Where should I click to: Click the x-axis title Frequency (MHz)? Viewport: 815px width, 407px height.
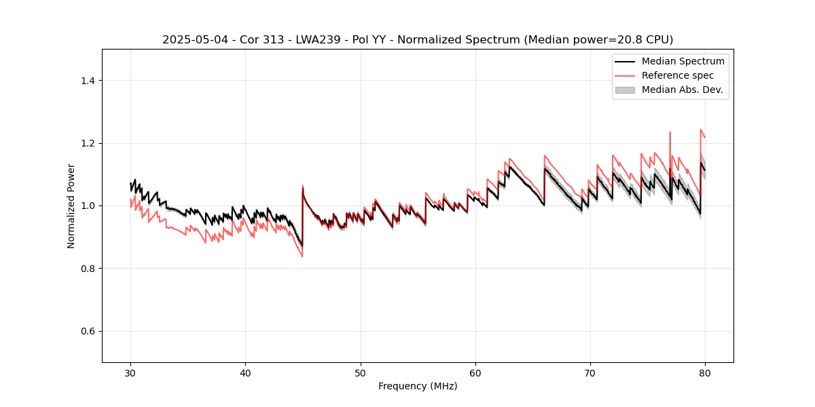coord(418,386)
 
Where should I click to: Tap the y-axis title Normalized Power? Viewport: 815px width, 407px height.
coord(71,206)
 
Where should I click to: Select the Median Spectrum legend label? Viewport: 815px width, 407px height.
coord(683,61)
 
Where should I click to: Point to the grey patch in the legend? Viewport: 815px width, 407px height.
coord(625,90)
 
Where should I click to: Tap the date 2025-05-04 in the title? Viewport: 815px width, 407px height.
coord(193,40)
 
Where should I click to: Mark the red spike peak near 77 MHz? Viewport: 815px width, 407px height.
coord(670,132)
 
